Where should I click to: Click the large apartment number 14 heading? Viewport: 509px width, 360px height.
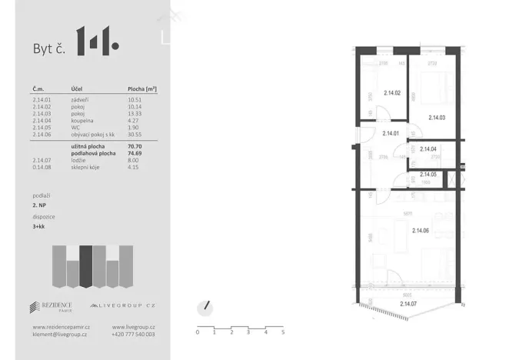[96, 41]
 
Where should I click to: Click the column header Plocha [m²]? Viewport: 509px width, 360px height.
[142, 89]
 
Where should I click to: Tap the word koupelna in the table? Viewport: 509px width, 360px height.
[83, 121]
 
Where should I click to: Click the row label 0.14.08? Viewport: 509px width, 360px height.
[42, 166]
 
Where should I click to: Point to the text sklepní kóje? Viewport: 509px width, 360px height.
[86, 166]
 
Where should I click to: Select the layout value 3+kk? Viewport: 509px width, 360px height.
[39, 228]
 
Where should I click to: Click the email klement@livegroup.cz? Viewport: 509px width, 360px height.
[59, 335]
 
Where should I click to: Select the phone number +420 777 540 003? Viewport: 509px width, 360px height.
[133, 335]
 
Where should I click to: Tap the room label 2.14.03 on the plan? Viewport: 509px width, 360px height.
[437, 118]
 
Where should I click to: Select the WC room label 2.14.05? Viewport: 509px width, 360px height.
[428, 175]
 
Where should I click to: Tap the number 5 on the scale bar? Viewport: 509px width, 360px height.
[283, 332]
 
